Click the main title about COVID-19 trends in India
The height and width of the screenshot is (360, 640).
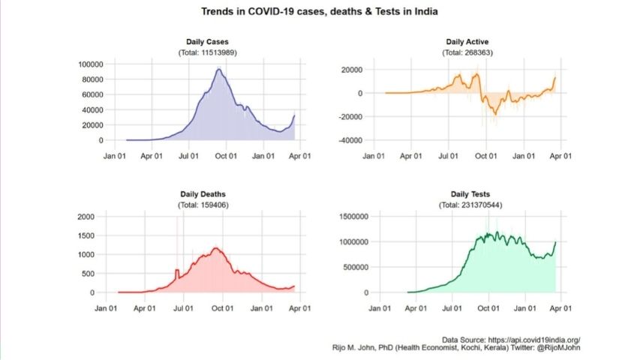coord(320,12)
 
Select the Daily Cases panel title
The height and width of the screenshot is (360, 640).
coord(208,42)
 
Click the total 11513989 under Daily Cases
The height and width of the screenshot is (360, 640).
coord(208,52)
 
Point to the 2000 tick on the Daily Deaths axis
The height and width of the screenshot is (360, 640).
coord(86,217)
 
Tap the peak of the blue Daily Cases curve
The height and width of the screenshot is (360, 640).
coord(218,69)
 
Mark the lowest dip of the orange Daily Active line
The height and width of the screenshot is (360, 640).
coord(494,113)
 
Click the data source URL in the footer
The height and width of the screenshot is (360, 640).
coord(530,340)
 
